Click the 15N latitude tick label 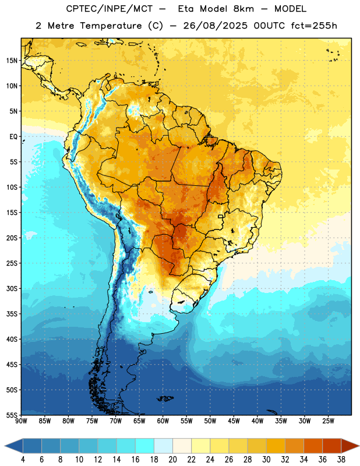tap(12, 61)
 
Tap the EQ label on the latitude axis tap(13, 137)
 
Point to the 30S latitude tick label tap(12, 288)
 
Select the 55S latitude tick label tap(12, 415)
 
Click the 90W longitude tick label tap(21, 421)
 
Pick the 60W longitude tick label tap(163, 421)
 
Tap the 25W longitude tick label tap(328, 421)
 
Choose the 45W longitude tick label tap(234, 421)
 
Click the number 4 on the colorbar tap(23, 460)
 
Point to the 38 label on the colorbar tap(341, 460)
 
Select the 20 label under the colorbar tap(172, 460)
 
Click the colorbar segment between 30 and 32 tap(276, 446)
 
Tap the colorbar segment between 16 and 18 tap(145, 446)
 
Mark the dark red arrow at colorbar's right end tap(350, 446)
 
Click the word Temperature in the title tap(111, 26)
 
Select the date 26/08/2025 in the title tap(215, 26)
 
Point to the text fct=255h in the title tap(314, 26)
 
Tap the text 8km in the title tap(243, 9)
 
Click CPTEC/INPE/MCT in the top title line tap(109, 9)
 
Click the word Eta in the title tap(186, 9)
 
